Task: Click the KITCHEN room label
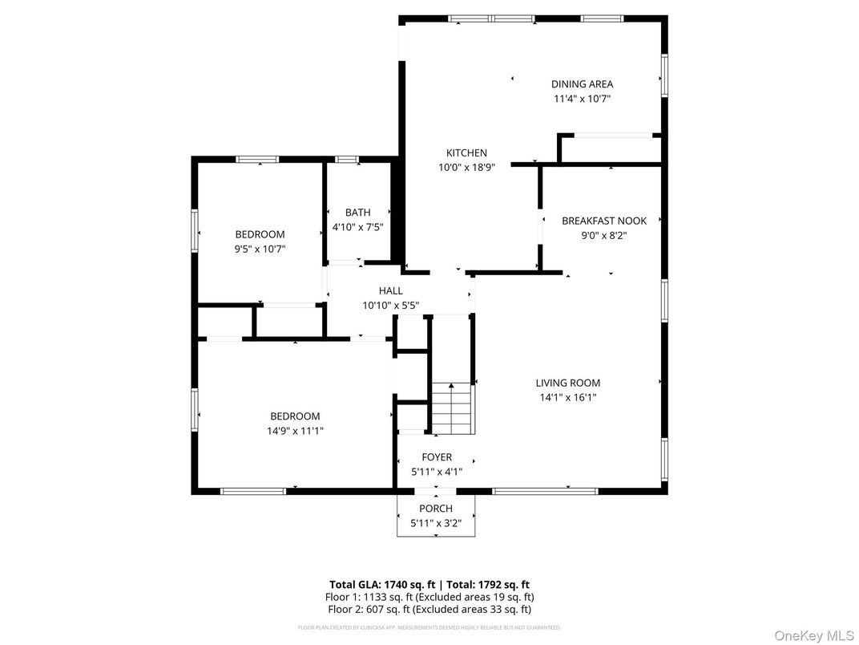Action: tap(466, 153)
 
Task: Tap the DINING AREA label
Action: tap(582, 84)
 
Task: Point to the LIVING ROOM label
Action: tap(567, 383)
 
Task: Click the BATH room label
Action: tap(357, 213)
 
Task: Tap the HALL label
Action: tap(390, 291)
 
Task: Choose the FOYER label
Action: tap(437, 457)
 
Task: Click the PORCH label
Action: tap(436, 509)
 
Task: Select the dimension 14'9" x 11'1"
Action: tap(295, 431)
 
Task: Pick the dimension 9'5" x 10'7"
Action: tap(260, 249)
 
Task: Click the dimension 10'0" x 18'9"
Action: tap(466, 168)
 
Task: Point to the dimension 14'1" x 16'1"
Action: tap(567, 397)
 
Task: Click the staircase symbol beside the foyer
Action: tap(453, 408)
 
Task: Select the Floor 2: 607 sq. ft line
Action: tap(429, 609)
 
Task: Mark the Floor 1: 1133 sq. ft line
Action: tap(429, 597)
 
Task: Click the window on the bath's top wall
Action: tap(347, 159)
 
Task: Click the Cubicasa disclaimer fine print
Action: tap(429, 627)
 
